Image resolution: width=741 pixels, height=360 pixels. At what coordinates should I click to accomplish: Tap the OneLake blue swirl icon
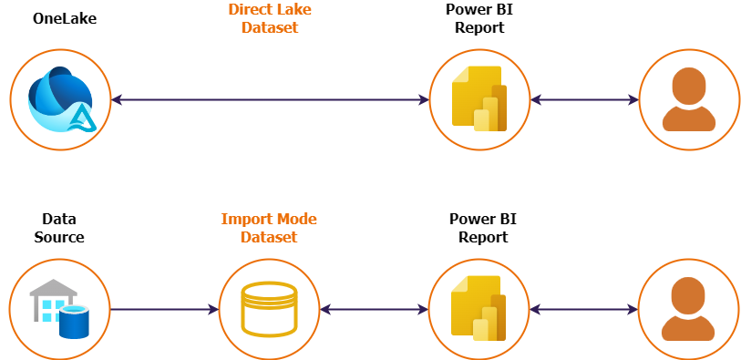[x=59, y=99]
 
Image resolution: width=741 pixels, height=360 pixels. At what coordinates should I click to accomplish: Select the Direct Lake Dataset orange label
[x=270, y=18]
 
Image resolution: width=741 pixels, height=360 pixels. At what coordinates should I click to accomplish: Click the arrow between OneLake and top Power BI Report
[x=270, y=99]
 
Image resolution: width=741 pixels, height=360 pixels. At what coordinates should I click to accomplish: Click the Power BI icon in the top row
[x=479, y=98]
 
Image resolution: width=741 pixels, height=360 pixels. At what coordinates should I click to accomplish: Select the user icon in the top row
[x=689, y=99]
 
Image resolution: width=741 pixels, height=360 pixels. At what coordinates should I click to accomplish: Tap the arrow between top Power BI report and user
[x=584, y=99]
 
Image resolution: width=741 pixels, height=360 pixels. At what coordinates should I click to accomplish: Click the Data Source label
[x=59, y=228]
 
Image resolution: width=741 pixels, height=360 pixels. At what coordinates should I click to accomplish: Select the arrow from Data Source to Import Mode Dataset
[x=164, y=310]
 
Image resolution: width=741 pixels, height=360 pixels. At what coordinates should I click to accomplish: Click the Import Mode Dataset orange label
[x=270, y=228]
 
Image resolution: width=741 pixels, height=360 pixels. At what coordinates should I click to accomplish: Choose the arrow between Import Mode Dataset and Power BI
[x=375, y=310]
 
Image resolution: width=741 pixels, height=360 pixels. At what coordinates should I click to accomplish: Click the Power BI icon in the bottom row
[x=479, y=309]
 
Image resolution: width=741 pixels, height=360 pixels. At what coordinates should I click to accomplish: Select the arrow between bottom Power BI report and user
[x=584, y=310]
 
